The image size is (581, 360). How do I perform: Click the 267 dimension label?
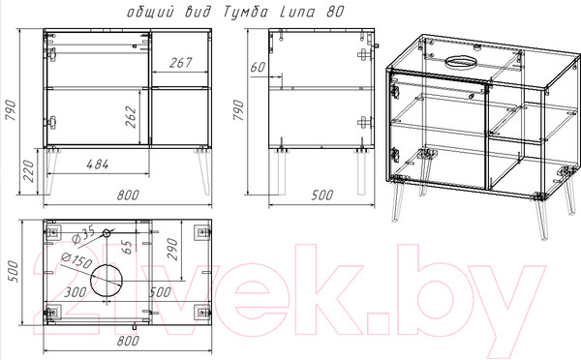pyautogui.click(x=181, y=63)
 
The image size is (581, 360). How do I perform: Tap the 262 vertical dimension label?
pyautogui.click(x=131, y=117)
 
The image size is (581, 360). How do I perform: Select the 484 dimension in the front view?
pyautogui.click(x=98, y=165)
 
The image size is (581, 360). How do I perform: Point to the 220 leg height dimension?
pyautogui.click(x=29, y=171)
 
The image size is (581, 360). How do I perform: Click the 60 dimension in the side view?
pyautogui.click(x=259, y=68)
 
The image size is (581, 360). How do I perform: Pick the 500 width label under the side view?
pyautogui.click(x=322, y=195)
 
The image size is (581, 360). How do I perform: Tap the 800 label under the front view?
pyautogui.click(x=128, y=195)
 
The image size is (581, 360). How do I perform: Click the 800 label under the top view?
pyautogui.click(x=128, y=341)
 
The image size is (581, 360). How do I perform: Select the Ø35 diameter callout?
pyautogui.click(x=82, y=235)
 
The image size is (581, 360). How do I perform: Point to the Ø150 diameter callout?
pyautogui.click(x=76, y=260)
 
